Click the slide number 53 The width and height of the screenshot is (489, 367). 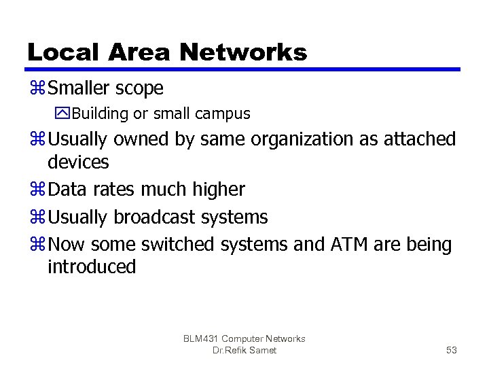coord(452,350)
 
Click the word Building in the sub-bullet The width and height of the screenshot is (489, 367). coord(98,113)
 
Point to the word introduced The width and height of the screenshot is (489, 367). coord(92,266)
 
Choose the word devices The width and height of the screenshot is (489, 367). coord(78,162)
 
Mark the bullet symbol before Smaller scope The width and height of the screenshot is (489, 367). coord(37,88)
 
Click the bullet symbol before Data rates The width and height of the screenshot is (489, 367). coord(37,190)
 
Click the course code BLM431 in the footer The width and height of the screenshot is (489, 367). coord(202,338)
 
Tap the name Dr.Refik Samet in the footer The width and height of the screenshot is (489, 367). coord(244,350)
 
